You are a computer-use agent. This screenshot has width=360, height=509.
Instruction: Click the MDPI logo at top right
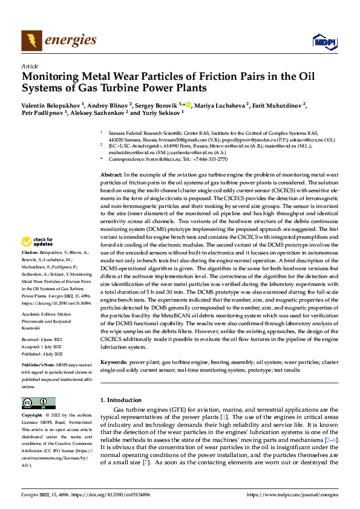click(x=322, y=41)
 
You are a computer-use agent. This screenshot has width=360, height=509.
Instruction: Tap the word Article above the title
click(x=30, y=66)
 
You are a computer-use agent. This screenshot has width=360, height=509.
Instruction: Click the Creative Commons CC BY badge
click(x=38, y=402)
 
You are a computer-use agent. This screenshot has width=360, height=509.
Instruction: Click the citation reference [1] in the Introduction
click(x=223, y=418)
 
